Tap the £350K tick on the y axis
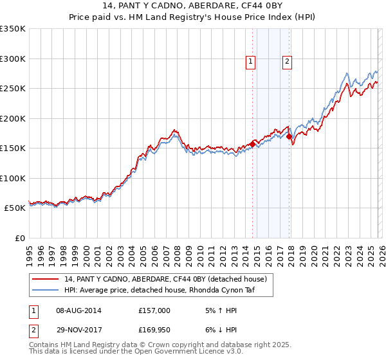tap(13, 29)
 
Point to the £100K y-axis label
tap(13, 178)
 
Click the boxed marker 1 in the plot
tap(250, 62)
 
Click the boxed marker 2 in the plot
tap(286, 62)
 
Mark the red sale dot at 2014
tap(252, 145)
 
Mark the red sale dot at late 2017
tap(289, 136)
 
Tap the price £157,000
tap(154, 310)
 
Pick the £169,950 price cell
tap(154, 330)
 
